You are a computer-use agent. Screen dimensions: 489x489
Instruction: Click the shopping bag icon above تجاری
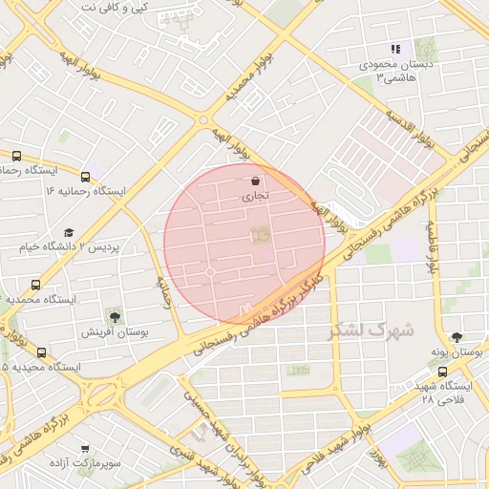(x=255, y=181)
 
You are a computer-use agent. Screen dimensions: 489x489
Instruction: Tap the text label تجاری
(x=255, y=196)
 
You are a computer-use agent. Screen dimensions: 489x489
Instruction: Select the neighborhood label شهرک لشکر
(x=372, y=331)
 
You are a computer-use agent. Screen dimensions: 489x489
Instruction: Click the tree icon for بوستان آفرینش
(x=115, y=316)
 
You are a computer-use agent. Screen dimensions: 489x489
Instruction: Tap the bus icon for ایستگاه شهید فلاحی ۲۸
(x=441, y=372)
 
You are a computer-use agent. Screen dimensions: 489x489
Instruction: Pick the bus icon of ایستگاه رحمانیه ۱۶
(x=86, y=177)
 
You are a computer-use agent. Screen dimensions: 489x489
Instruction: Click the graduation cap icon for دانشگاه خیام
(x=68, y=232)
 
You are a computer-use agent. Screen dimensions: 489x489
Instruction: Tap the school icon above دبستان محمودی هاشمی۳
(x=395, y=49)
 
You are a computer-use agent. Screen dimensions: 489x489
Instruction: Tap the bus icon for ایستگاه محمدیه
(x=36, y=285)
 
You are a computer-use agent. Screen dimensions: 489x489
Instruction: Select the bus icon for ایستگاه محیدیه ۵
(x=40, y=351)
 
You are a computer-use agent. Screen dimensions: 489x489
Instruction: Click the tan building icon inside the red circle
(x=259, y=234)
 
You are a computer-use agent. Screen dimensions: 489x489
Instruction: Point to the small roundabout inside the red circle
(x=210, y=273)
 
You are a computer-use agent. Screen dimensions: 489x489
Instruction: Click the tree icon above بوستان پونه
(x=456, y=337)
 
